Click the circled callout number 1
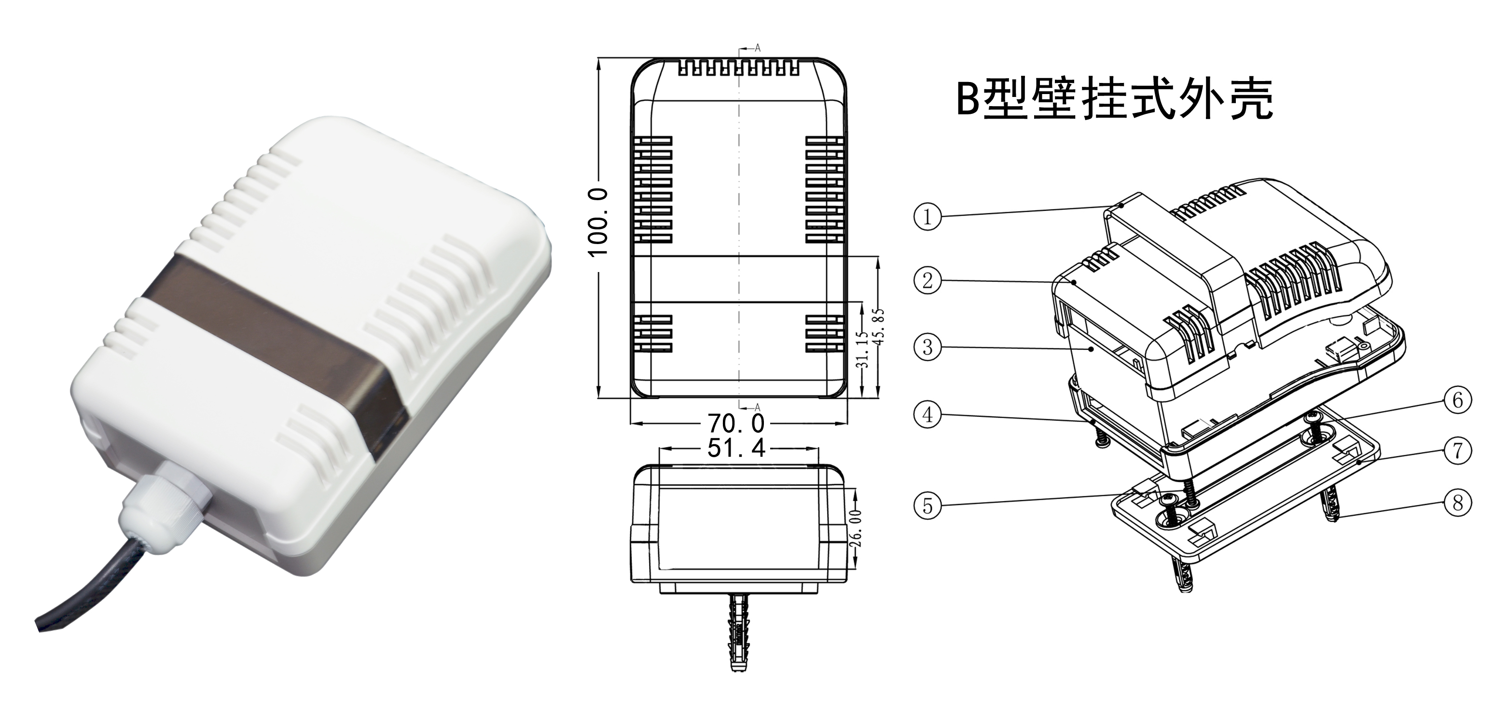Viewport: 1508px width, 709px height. pyautogui.click(x=927, y=217)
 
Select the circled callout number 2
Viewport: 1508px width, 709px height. pyautogui.click(x=927, y=280)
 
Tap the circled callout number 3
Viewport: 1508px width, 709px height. pyautogui.click(x=927, y=347)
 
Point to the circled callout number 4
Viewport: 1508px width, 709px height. pyautogui.click(x=927, y=415)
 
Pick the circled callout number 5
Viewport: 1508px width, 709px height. pyautogui.click(x=927, y=505)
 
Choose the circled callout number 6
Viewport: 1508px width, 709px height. pyautogui.click(x=1458, y=400)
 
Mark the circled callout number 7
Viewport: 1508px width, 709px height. pyautogui.click(x=1458, y=450)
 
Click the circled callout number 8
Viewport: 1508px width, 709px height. pyautogui.click(x=1458, y=503)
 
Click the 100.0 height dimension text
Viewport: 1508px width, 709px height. pyautogui.click(x=598, y=222)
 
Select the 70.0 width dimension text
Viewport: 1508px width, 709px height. pyautogui.click(x=736, y=423)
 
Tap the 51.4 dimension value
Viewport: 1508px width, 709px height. pyautogui.click(x=736, y=449)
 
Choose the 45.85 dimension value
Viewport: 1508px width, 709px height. pyautogui.click(x=878, y=327)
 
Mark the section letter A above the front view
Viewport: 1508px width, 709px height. pyautogui.click(x=758, y=48)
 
